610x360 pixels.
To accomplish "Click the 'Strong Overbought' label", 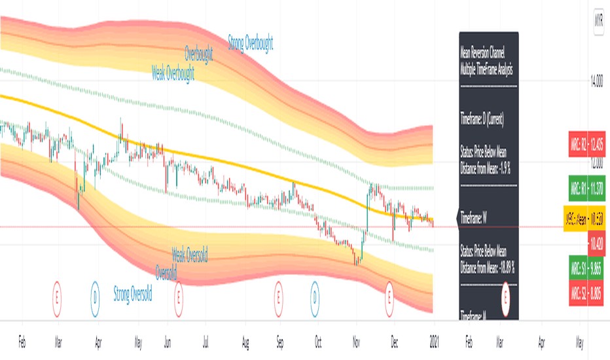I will (250, 44).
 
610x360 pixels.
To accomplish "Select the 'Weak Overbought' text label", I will (173, 73).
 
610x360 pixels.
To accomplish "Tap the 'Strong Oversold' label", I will (132, 294).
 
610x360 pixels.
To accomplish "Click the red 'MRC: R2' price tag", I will (586, 144).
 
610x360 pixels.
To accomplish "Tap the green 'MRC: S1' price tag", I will (586, 267).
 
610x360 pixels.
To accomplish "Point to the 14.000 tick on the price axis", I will (596, 82).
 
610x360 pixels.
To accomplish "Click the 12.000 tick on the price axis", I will (596, 162).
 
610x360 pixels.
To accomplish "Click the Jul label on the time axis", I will (207, 341).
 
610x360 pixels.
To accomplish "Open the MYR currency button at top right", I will (598, 20).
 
